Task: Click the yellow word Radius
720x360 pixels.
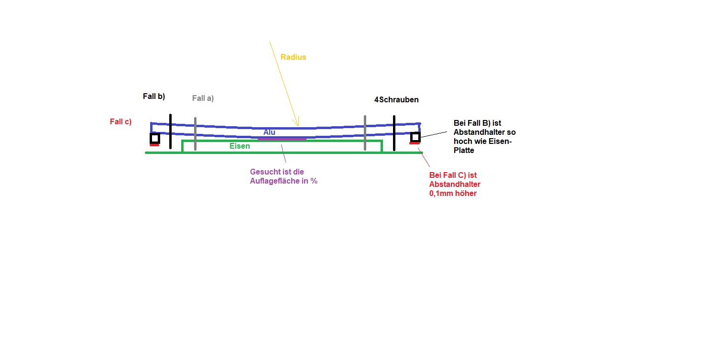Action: [x=293, y=57]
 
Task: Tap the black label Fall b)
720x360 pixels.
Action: [x=154, y=97]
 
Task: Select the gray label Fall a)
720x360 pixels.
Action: [x=203, y=98]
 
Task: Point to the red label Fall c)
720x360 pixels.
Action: [x=120, y=122]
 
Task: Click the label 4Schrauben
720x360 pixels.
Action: [x=396, y=99]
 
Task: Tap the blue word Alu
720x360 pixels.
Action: [x=269, y=132]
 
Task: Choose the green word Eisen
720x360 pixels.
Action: [x=240, y=146]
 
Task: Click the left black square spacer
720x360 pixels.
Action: [x=155, y=139]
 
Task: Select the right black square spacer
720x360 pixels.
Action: [x=415, y=137]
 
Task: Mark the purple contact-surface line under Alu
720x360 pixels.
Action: [x=282, y=139]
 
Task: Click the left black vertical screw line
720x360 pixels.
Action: [x=170, y=131]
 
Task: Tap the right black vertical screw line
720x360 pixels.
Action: [x=394, y=133]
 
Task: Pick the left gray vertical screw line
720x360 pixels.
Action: [x=195, y=134]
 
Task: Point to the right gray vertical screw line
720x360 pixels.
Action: [x=365, y=133]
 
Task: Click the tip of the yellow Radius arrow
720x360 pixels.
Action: [x=298, y=126]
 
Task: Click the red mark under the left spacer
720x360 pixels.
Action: [x=154, y=145]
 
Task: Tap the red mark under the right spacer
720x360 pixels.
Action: [x=415, y=143]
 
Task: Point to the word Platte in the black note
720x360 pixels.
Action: [x=464, y=151]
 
